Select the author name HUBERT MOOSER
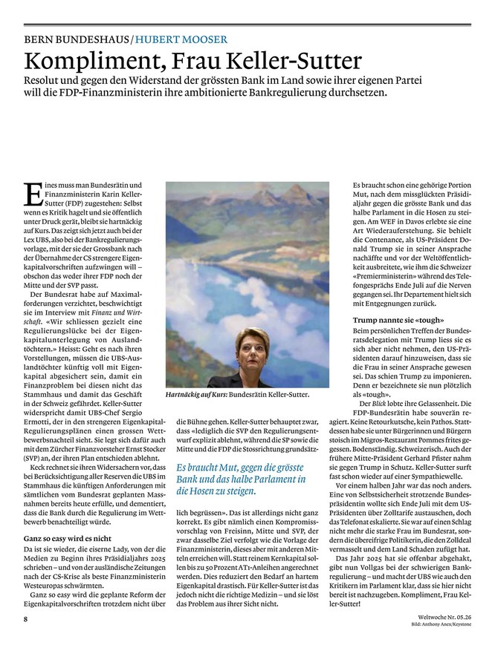tap(179, 39)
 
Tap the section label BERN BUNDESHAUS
tap(77, 39)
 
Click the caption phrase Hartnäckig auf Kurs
tap(196, 396)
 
